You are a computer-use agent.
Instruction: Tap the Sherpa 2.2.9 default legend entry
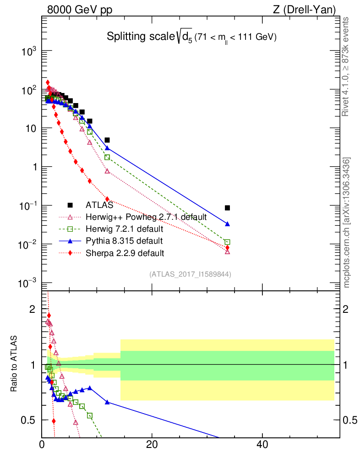[x=121, y=252]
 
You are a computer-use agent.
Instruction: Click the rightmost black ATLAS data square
[x=228, y=208]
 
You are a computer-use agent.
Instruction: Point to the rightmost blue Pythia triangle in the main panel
[x=228, y=224]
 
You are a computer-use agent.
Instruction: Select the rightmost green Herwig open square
[x=228, y=242]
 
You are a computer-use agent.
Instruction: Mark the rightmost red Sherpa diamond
[x=228, y=248]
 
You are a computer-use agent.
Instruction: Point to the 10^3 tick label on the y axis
[x=29, y=52]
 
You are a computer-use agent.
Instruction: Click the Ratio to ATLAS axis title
[x=14, y=365]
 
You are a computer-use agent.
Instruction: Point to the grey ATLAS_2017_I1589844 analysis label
[x=190, y=274]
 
